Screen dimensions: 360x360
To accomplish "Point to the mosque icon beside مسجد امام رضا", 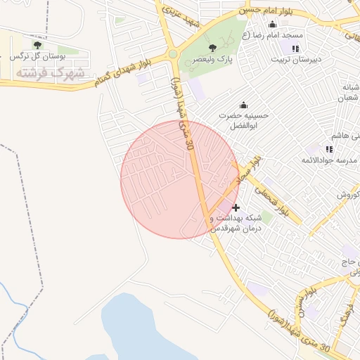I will (272, 25).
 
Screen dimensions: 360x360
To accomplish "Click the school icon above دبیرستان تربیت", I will (295, 48).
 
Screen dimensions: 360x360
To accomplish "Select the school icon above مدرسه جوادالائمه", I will (329, 149).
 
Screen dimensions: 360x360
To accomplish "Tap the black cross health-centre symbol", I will (236, 207).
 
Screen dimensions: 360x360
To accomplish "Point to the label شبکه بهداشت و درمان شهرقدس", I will (236, 223).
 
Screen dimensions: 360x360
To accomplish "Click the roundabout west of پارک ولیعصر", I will (172, 53).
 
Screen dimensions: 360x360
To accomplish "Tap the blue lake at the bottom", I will (141, 330).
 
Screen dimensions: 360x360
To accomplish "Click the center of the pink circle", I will (180, 179).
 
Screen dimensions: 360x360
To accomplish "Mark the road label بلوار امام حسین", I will (267, 10).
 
